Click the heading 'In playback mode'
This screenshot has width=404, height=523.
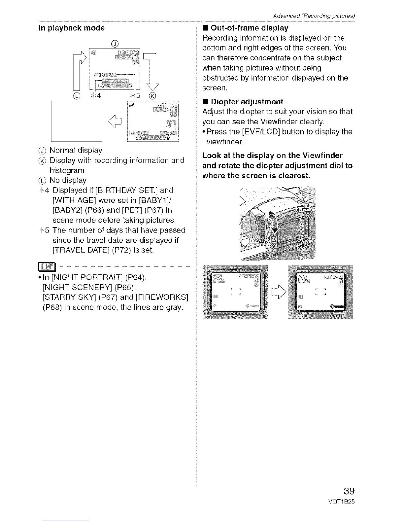click(x=72, y=28)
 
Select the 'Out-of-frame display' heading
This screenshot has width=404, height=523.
click(x=249, y=28)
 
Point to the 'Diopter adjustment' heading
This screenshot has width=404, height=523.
click(x=247, y=102)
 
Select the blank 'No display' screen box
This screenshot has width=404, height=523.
click(x=77, y=121)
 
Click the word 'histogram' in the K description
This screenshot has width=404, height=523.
click(x=67, y=170)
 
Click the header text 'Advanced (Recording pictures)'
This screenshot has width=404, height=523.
click(x=313, y=16)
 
